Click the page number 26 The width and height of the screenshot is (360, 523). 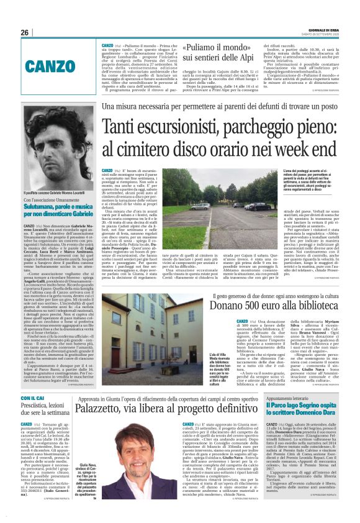(25, 32)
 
